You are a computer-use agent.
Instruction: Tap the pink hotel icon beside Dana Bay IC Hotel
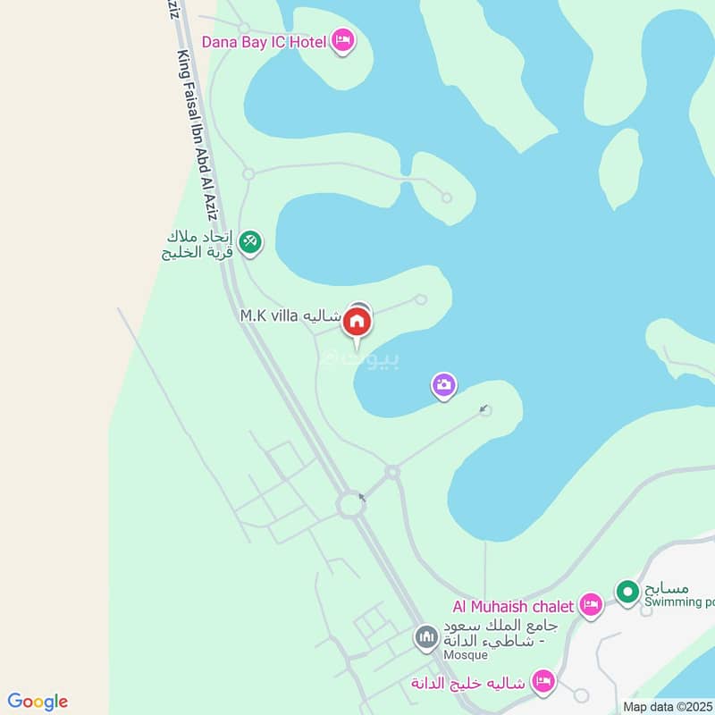(342, 40)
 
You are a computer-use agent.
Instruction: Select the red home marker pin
(357, 322)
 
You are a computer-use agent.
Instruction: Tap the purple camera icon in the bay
(444, 386)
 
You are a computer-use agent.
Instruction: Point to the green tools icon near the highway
(250, 240)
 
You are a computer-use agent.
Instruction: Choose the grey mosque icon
(426, 638)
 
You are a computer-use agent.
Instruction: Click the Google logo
(38, 702)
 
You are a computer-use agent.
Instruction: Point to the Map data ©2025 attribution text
(669, 706)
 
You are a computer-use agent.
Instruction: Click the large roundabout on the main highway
(351, 506)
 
